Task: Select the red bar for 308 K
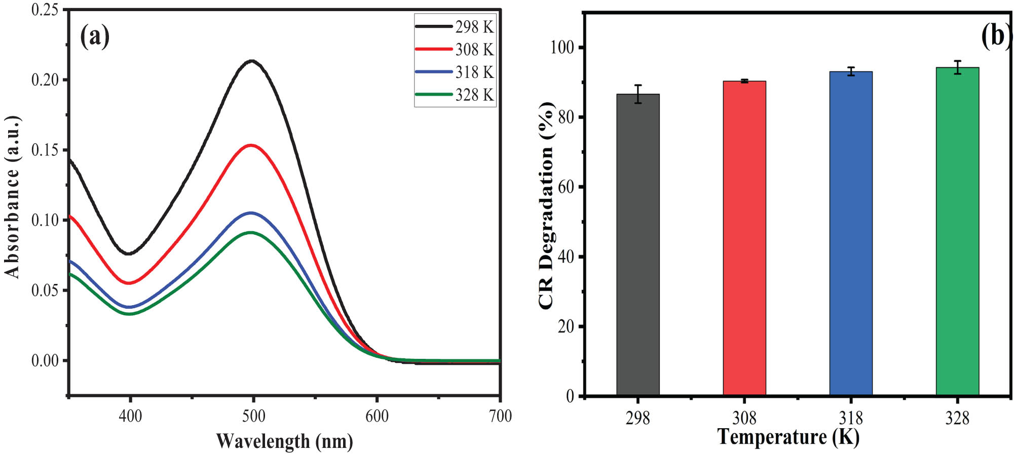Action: [744, 238]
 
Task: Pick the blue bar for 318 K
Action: [850, 233]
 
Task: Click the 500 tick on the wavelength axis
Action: [253, 416]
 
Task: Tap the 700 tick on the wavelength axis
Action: [500, 416]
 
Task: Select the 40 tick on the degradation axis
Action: [567, 257]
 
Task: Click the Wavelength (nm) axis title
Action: [284, 441]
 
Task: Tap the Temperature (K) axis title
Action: [788, 437]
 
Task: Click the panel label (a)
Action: [95, 36]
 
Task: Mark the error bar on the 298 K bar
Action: [638, 94]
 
